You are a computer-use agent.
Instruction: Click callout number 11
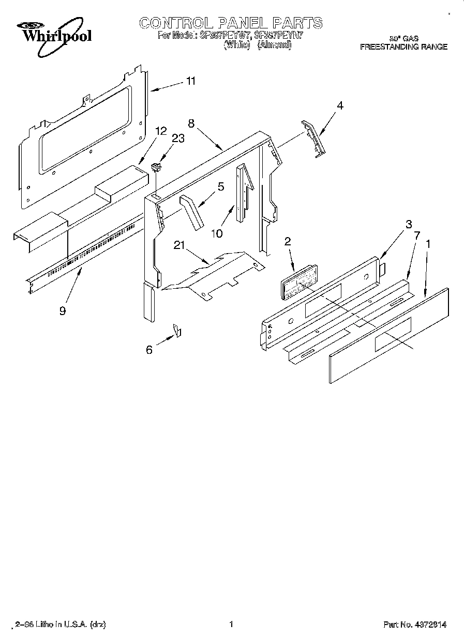tap(191, 81)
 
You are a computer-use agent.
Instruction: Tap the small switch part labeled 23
tap(155, 166)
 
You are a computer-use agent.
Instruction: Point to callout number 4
tap(339, 105)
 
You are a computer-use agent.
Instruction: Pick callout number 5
tap(221, 186)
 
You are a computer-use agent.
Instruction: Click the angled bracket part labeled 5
tap(191, 211)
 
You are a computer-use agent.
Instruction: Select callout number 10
tap(217, 233)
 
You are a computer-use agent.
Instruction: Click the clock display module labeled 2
tap(299, 282)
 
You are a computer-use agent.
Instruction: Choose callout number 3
tap(409, 224)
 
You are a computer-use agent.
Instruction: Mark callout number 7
tap(416, 235)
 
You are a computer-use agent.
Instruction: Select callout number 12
tap(161, 131)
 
